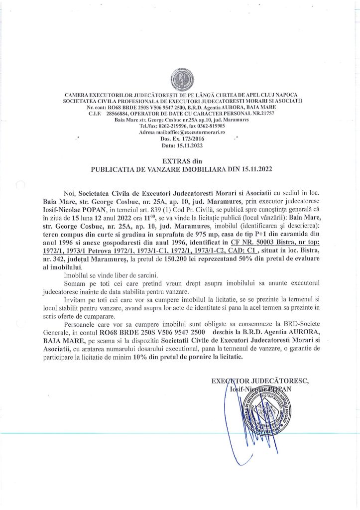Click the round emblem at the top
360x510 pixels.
pyautogui.click(x=180, y=79)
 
